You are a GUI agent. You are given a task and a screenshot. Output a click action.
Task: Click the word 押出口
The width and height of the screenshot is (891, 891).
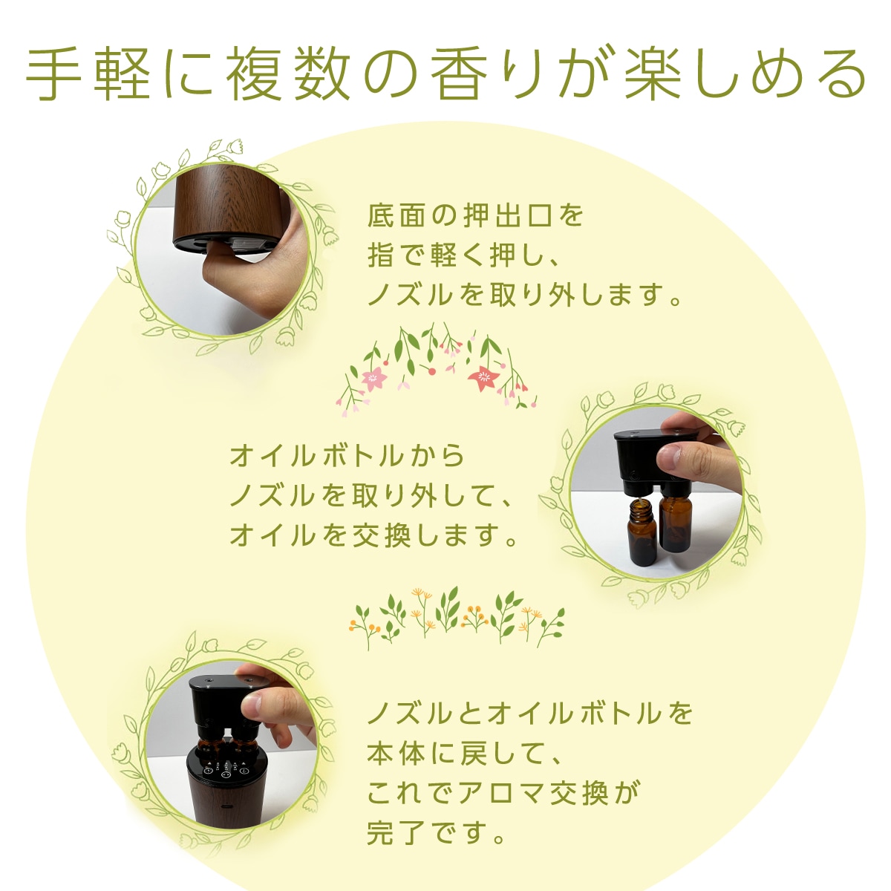[x=508, y=216]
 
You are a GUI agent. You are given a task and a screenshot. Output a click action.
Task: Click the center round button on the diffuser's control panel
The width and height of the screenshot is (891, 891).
[x=225, y=772]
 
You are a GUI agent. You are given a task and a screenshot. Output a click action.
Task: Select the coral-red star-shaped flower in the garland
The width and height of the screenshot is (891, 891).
[x=483, y=379]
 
